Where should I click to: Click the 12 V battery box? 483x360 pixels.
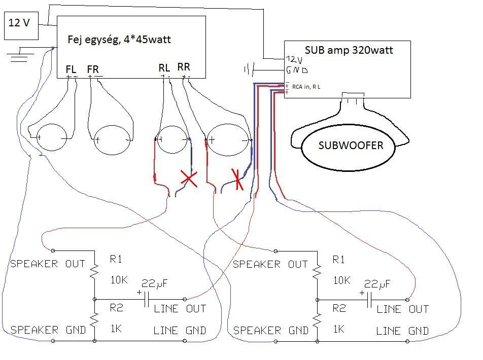point(21,26)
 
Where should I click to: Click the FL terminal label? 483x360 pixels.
point(72,69)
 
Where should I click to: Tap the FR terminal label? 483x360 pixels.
point(93,69)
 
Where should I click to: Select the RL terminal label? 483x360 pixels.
point(164,68)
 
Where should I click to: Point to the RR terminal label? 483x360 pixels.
point(183,67)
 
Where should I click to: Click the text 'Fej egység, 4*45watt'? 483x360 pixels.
point(119,40)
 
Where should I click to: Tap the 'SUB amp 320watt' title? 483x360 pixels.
point(349,50)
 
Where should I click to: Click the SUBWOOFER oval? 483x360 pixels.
point(351,146)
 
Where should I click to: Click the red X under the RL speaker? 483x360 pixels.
point(189,178)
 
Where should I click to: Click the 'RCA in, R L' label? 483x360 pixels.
point(306,87)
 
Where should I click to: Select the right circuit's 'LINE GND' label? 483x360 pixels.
point(402,331)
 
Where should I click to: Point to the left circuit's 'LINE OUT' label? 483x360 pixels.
point(180,308)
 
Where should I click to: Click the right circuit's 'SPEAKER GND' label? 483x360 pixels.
point(271,331)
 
